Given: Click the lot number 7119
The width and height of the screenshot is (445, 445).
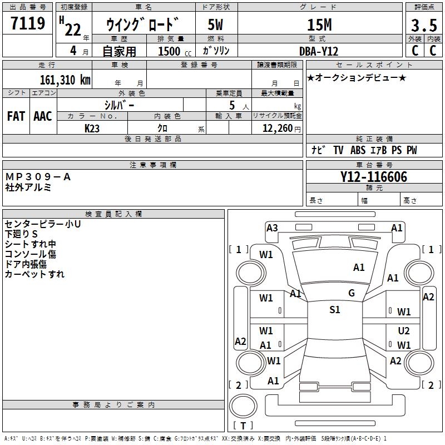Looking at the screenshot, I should click(28, 24).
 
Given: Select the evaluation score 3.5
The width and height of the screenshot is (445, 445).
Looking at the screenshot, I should click(423, 26).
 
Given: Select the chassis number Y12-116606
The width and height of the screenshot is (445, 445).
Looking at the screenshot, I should click(373, 177).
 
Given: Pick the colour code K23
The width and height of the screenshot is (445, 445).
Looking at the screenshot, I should click(92, 127).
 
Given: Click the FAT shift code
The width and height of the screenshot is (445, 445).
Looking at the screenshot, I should click(16, 116).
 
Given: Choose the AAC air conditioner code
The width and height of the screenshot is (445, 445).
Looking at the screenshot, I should click(43, 116).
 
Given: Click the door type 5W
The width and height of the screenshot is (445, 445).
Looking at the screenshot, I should click(216, 24).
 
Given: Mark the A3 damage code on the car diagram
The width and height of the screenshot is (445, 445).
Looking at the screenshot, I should click(272, 228).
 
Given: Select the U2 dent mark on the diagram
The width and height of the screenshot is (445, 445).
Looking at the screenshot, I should click(404, 330).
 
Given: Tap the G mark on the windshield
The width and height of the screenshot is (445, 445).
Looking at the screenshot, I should click(352, 293).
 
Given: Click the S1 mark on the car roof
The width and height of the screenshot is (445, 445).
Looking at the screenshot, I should click(334, 310).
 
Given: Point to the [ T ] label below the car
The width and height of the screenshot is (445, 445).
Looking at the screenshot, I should click(243, 426).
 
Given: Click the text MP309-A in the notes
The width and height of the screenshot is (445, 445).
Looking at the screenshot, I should click(38, 177).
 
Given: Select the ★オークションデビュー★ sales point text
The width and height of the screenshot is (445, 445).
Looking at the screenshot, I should click(357, 77).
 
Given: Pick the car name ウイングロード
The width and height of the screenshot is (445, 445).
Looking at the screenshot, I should click(142, 24).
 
